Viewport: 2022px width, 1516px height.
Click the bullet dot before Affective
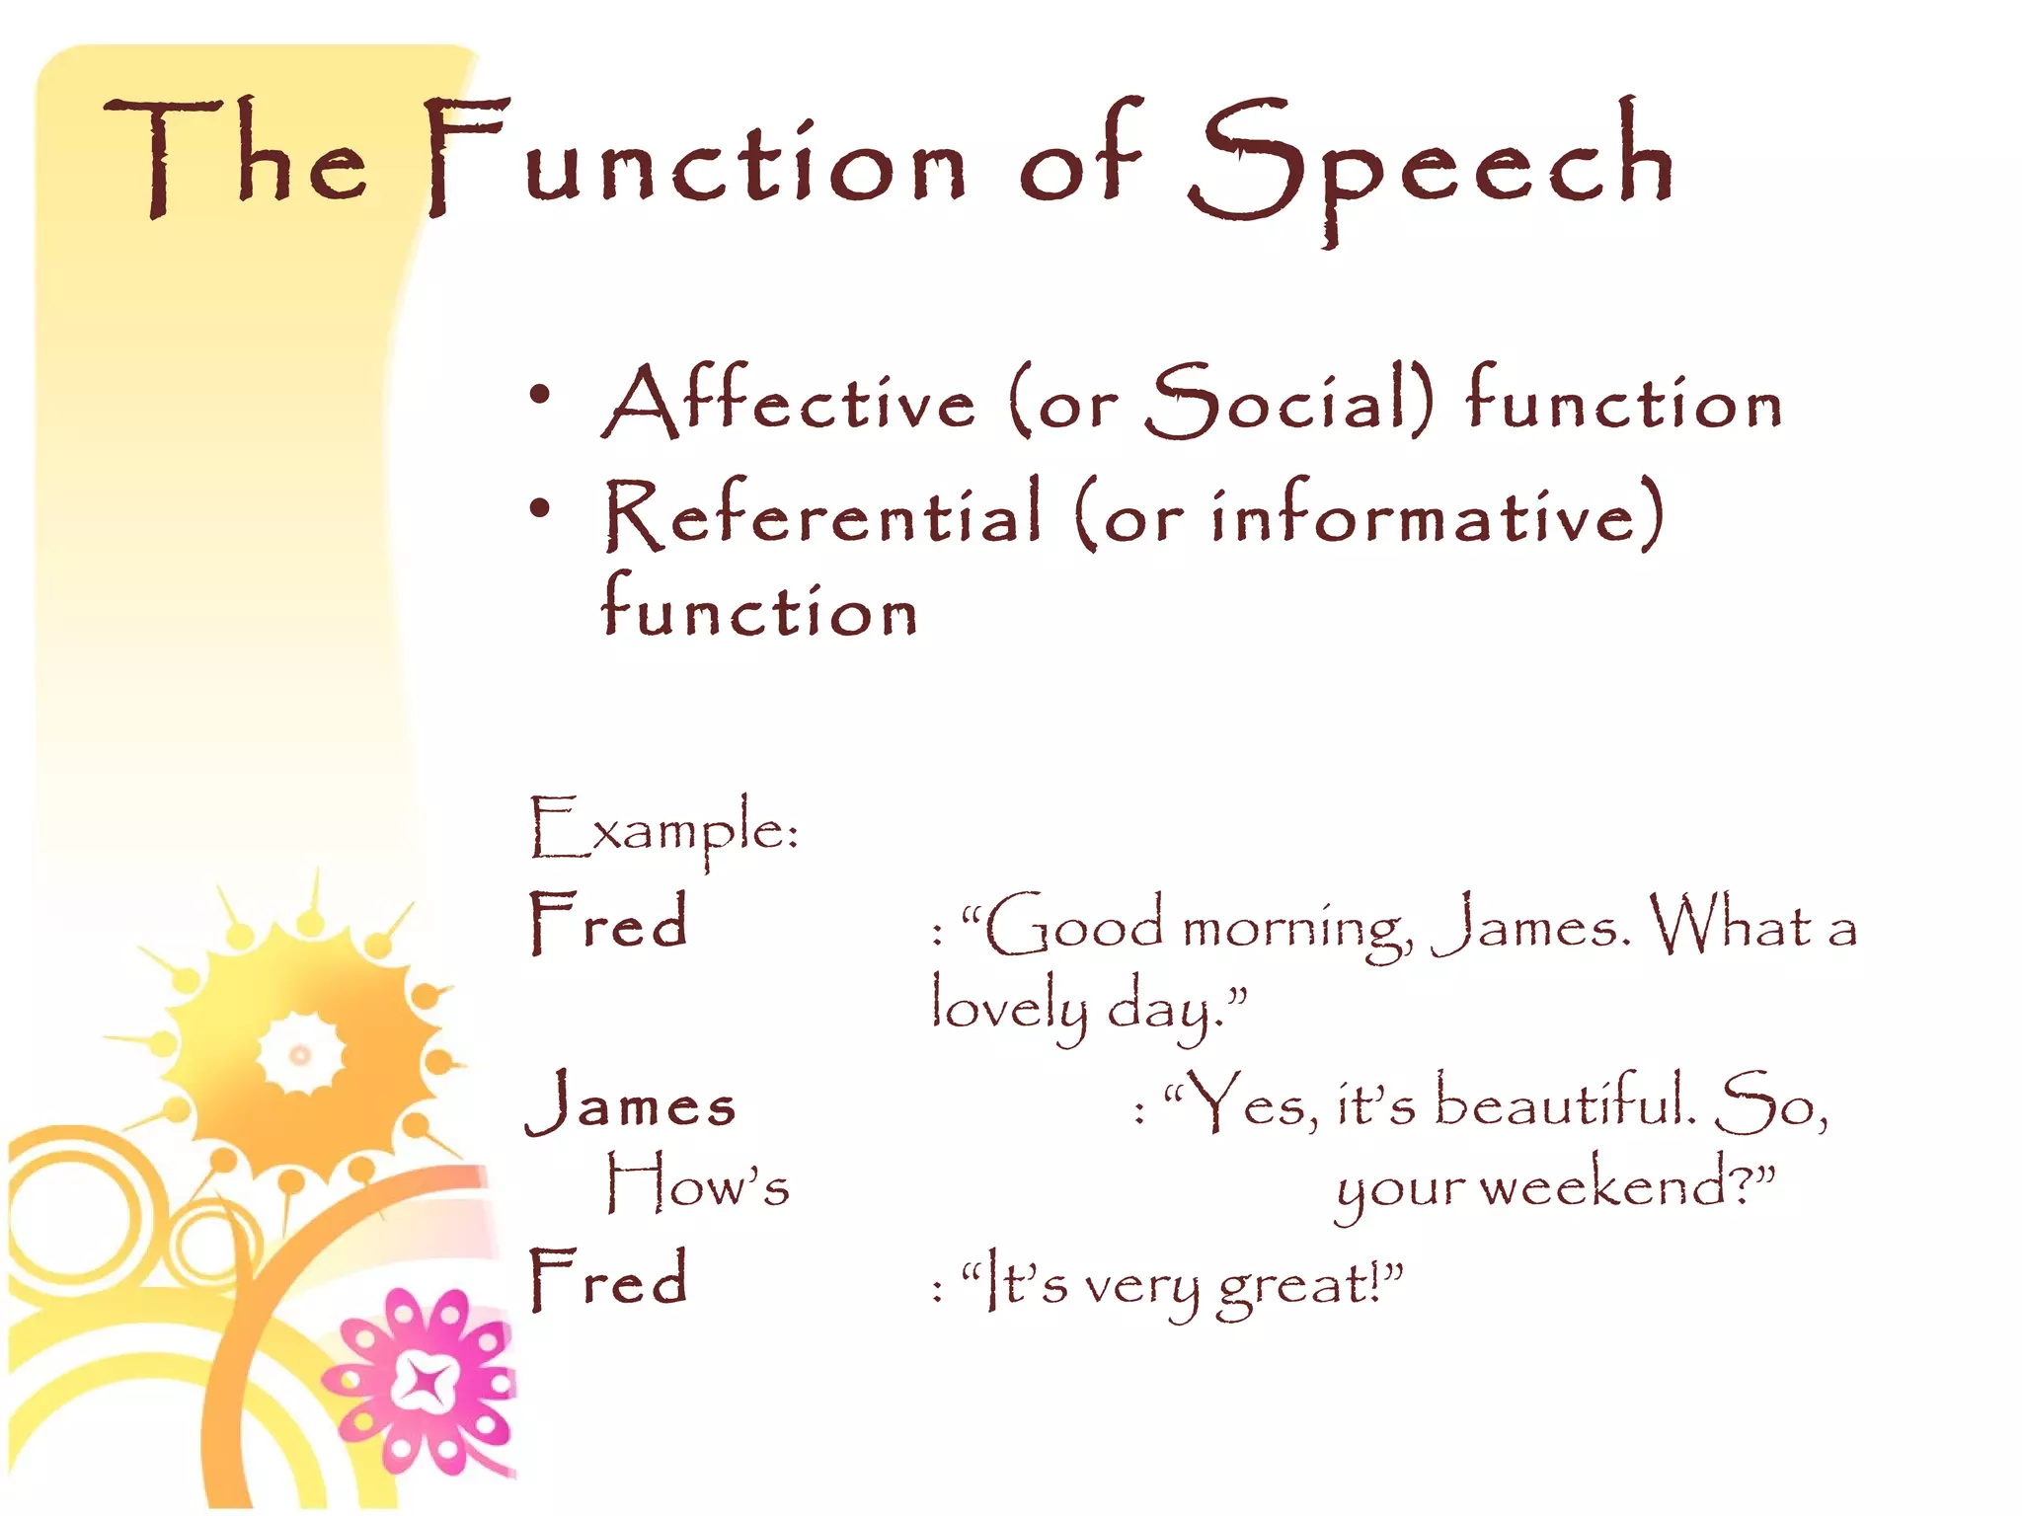(x=539, y=395)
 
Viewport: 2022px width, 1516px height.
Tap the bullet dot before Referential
(x=539, y=509)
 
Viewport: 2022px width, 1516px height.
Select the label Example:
(x=663, y=829)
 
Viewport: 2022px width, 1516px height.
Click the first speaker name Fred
(x=608, y=923)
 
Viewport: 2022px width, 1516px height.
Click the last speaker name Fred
(x=608, y=1279)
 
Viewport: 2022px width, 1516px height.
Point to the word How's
(x=697, y=1184)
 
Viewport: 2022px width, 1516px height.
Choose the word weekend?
(x=1619, y=1184)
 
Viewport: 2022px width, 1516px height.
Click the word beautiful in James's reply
(x=1565, y=1101)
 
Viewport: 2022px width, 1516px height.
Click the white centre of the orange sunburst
(x=300, y=1055)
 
